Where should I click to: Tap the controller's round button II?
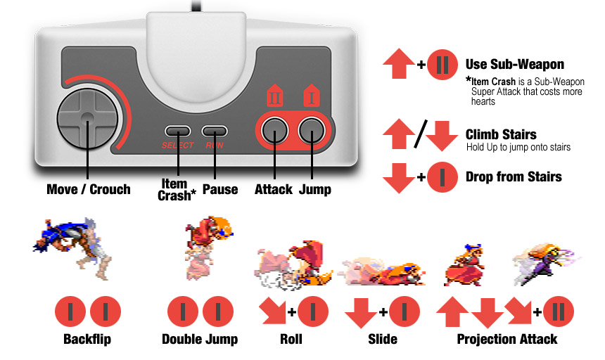click(x=275, y=131)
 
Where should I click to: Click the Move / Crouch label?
click(x=88, y=189)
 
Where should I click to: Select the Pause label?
click(x=219, y=189)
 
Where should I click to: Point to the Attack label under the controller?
click(x=274, y=189)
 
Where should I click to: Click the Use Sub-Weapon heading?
click(x=514, y=65)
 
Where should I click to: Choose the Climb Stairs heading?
click(x=501, y=134)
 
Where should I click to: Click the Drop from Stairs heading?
click(x=514, y=176)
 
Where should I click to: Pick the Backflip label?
click(x=87, y=339)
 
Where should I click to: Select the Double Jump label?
click(x=199, y=339)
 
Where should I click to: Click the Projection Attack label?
click(x=507, y=339)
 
